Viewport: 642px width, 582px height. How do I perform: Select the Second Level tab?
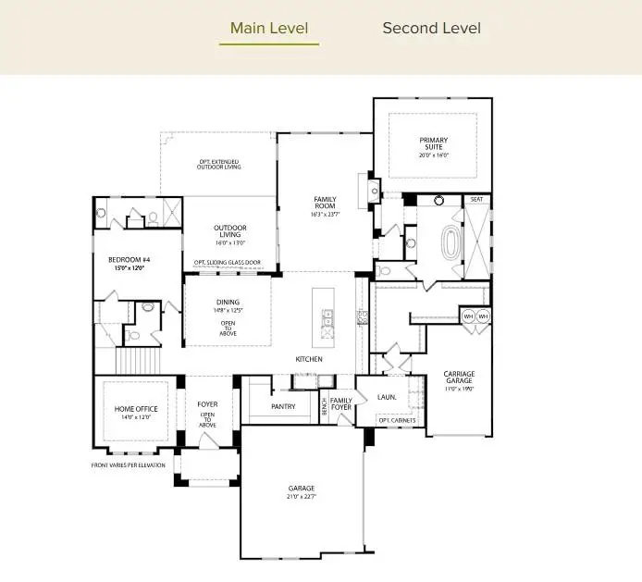click(x=431, y=28)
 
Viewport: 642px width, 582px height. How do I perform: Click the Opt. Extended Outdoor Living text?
click(x=219, y=165)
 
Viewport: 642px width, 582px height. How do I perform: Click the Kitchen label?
click(x=308, y=359)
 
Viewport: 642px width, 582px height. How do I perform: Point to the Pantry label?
click(x=283, y=406)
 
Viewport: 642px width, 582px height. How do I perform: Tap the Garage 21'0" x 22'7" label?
click(x=301, y=491)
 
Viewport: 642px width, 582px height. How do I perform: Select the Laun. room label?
click(x=388, y=397)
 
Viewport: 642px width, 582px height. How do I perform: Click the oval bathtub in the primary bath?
click(x=451, y=242)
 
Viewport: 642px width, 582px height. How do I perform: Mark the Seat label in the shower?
click(x=476, y=199)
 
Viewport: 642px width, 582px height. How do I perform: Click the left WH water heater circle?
click(x=468, y=316)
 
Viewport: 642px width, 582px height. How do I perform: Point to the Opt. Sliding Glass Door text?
click(x=227, y=262)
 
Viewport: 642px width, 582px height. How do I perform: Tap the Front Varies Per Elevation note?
click(x=128, y=464)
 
